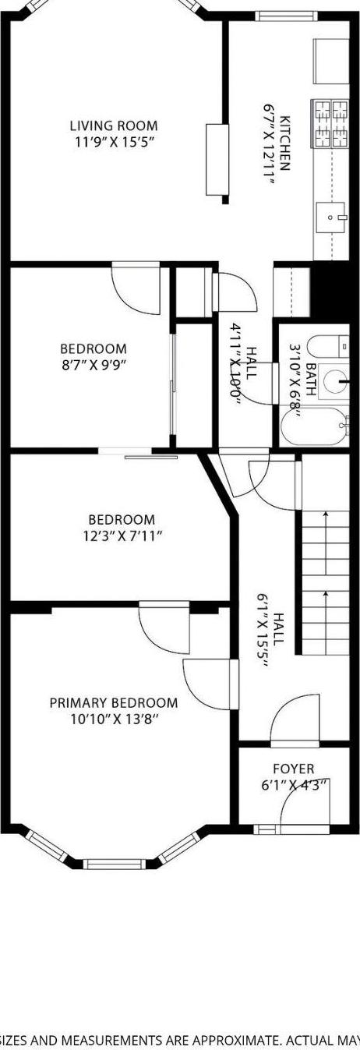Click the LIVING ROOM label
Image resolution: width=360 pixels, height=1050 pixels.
(x=114, y=126)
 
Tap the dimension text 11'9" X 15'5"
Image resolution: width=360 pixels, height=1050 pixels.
(x=114, y=143)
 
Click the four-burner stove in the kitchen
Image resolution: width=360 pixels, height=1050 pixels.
(x=330, y=124)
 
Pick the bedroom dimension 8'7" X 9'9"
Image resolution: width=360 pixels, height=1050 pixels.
(x=94, y=366)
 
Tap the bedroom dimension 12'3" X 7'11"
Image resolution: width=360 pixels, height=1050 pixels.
(x=122, y=536)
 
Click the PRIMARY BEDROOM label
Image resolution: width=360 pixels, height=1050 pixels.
(x=114, y=702)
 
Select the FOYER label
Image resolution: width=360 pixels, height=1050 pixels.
(x=293, y=769)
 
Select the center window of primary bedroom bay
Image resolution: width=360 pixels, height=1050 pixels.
(x=114, y=863)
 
